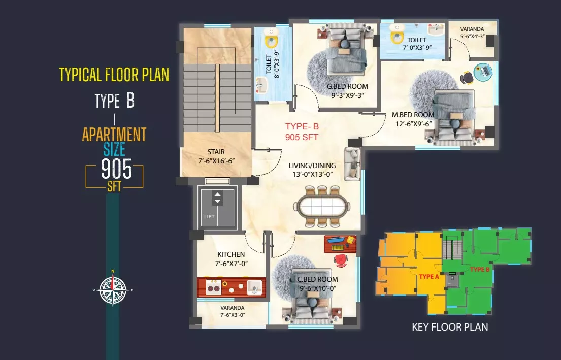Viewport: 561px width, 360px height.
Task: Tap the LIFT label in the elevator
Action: pos(209,216)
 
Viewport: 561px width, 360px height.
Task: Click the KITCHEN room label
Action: pos(231,254)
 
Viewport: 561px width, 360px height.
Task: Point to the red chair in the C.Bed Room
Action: pos(341,260)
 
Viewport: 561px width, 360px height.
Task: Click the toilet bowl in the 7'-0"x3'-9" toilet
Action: pos(396,36)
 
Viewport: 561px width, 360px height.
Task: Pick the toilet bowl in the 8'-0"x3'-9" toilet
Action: pos(271,40)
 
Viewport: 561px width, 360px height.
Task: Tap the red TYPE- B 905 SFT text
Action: pos(302,132)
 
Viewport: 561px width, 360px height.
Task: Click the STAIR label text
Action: pos(216,152)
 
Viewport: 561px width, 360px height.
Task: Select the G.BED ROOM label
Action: pos(347,86)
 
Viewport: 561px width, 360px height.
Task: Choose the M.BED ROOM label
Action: pos(413,115)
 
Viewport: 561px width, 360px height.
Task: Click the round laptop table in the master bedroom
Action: pos(483,72)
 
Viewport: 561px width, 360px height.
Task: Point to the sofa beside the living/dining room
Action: pos(352,164)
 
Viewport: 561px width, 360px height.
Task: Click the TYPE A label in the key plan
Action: pos(429,276)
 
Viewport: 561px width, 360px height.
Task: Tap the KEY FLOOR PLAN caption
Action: pos(450,327)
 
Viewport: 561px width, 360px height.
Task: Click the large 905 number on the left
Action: pos(116,169)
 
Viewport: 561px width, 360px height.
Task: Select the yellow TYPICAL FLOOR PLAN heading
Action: pos(114,75)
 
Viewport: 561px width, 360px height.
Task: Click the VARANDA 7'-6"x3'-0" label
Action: pos(233,311)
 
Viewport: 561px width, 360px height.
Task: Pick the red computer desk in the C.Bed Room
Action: pos(340,244)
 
